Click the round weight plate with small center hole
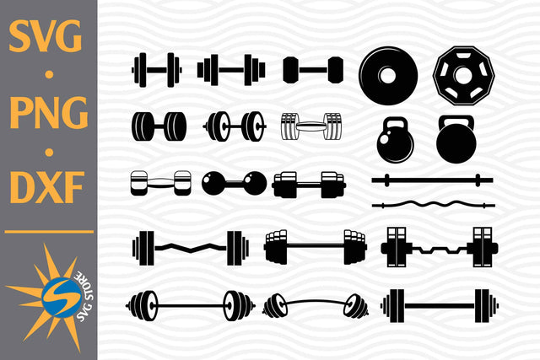tap(387, 75)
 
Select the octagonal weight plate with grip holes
tap(462, 75)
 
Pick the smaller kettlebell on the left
tap(394, 140)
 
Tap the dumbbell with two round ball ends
tap(234, 182)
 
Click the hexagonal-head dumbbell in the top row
tap(313, 69)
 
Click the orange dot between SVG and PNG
tap(48, 76)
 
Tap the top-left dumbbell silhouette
tap(157, 69)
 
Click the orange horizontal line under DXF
tap(48, 231)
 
